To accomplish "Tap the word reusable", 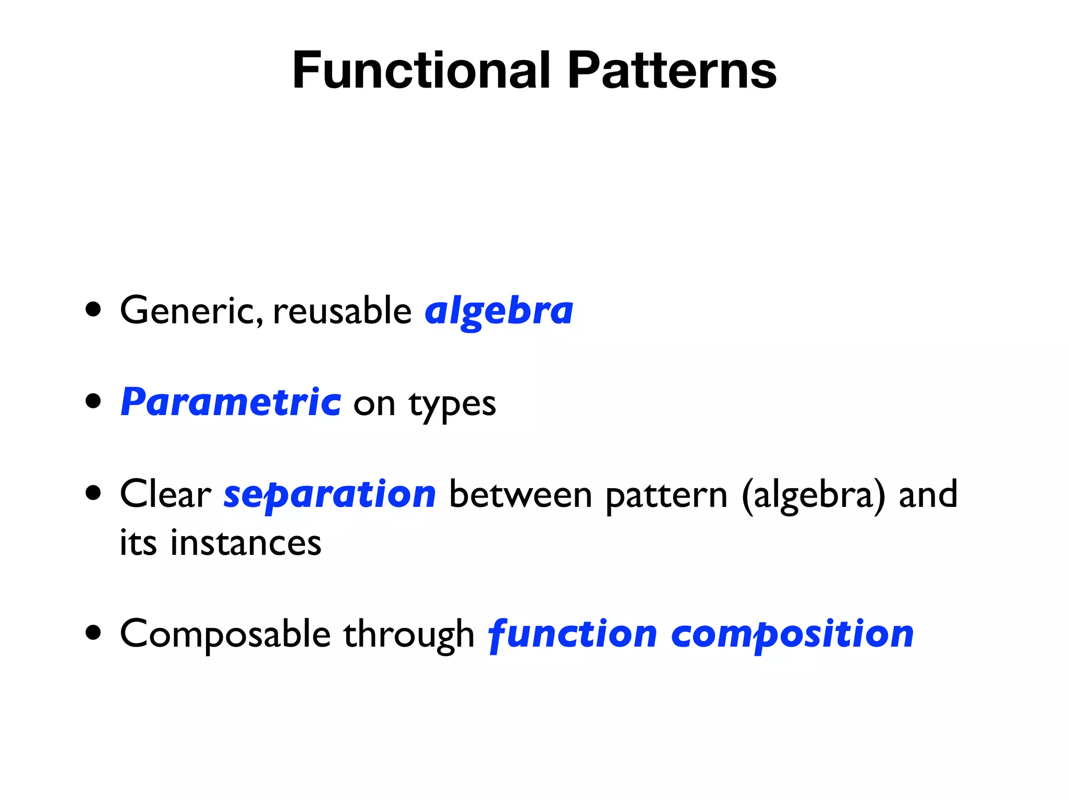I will [x=342, y=311].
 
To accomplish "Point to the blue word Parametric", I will [x=231, y=403].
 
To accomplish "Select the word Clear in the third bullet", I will [x=165, y=494].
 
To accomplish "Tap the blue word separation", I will [x=330, y=495].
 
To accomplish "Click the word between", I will [x=520, y=495].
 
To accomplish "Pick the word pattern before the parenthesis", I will [x=666, y=496].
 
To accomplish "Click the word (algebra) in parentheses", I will [x=813, y=496].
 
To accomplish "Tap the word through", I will [x=408, y=635].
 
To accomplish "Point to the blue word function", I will [x=572, y=635].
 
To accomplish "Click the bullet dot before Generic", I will [x=93, y=310].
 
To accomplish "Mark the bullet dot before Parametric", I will [x=93, y=402].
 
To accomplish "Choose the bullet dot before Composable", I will [x=93, y=633].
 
